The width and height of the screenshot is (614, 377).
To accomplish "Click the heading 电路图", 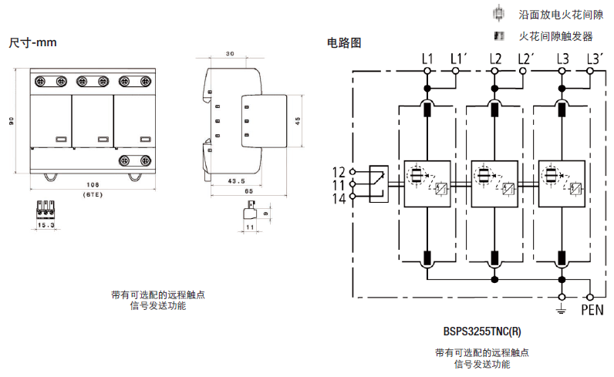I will (x=344, y=43).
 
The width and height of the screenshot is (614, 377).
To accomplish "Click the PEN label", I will (x=592, y=311).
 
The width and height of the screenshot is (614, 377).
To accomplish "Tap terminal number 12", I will (x=339, y=171).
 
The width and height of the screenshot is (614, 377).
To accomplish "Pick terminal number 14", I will (x=339, y=198).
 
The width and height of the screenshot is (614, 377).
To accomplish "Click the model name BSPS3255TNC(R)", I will (x=482, y=332).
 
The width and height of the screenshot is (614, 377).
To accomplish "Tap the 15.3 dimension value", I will (x=47, y=225).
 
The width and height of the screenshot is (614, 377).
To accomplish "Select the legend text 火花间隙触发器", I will (x=555, y=35).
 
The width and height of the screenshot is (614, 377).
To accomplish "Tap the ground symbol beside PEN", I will (x=562, y=310).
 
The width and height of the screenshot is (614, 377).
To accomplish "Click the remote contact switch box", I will (x=379, y=184).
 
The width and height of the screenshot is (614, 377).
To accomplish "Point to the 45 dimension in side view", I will (x=298, y=119).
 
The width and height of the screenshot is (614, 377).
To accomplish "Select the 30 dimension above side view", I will (x=229, y=54).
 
